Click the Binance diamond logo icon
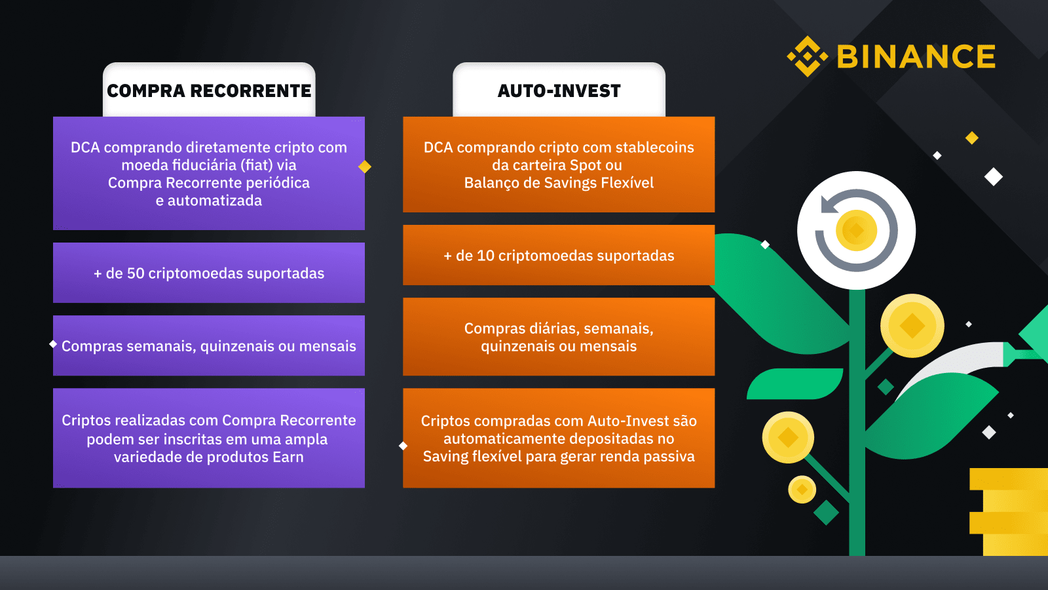point(808,56)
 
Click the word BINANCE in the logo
point(916,56)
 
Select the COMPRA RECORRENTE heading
point(209,91)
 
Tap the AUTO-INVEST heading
point(559,91)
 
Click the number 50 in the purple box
point(136,273)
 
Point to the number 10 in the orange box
point(485,256)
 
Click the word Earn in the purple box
point(288,457)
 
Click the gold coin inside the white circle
point(857,230)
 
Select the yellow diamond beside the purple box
point(365,167)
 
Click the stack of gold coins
point(1009,512)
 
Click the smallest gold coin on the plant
point(802,489)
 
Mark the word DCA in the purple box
point(85,147)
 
